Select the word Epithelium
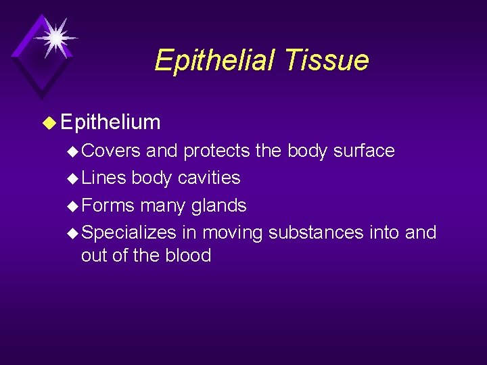[110, 122]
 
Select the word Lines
[103, 178]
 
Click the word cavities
[208, 178]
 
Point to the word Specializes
[129, 233]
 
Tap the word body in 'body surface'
[308, 151]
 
